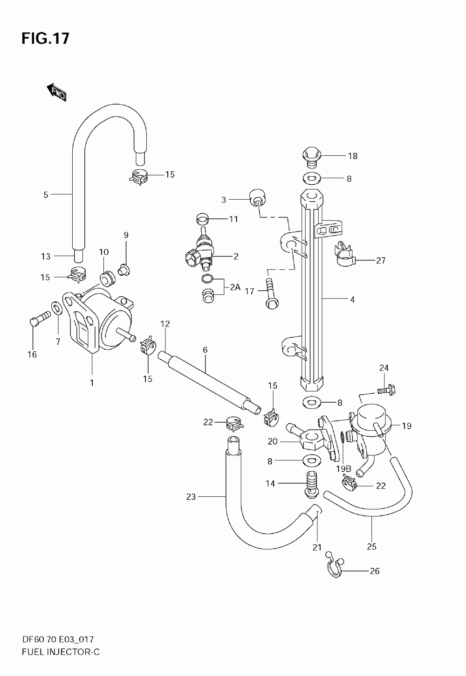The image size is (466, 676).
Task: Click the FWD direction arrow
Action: pyautogui.click(x=56, y=92)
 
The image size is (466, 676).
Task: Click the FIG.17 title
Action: pyautogui.click(x=46, y=39)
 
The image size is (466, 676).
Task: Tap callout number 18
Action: pyautogui.click(x=353, y=156)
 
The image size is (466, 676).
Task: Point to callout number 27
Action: pyautogui.click(x=381, y=260)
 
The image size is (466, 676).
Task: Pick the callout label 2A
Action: pyautogui.click(x=235, y=287)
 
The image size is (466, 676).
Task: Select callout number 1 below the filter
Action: pyautogui.click(x=92, y=383)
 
